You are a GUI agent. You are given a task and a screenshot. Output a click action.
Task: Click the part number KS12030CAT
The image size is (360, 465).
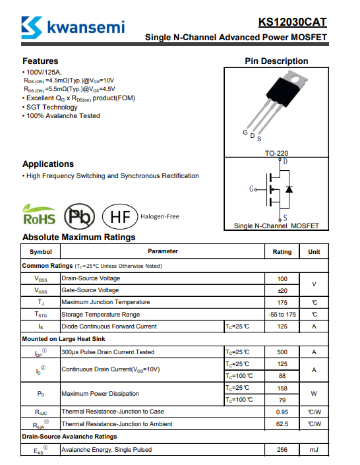click(292, 22)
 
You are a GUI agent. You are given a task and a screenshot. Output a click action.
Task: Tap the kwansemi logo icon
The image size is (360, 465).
click(32, 28)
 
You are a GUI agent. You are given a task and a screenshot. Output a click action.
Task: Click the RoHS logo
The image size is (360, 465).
click(39, 214)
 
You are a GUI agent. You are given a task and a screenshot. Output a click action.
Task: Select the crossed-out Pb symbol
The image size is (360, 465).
click(80, 216)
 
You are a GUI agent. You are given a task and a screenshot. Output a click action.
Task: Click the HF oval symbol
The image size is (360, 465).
click(120, 216)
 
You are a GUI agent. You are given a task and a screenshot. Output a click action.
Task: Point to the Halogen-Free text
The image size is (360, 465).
click(160, 216)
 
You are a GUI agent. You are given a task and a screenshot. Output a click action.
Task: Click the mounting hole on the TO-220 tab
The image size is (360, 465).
click(295, 79)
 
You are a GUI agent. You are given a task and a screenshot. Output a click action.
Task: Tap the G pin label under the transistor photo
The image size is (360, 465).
click(245, 133)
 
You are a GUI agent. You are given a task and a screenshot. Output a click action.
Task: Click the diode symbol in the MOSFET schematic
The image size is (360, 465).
click(289, 189)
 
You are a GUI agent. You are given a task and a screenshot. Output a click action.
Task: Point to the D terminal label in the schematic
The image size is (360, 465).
click(285, 162)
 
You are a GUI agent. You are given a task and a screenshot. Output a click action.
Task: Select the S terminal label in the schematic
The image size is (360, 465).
click(285, 218)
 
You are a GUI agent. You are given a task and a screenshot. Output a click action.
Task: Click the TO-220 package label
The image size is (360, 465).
click(276, 153)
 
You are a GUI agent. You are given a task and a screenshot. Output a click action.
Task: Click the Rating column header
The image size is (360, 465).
click(282, 252)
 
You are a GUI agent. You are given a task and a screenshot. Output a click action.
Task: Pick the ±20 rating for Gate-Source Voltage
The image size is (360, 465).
click(282, 291)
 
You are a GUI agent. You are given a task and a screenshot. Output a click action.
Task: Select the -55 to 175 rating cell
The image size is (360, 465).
click(282, 315)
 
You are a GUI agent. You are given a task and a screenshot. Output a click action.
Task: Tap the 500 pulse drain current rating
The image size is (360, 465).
click(282, 352)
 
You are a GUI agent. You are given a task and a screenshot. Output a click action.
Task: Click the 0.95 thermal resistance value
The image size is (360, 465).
click(282, 412)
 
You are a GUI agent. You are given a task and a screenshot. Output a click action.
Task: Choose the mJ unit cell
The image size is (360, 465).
click(314, 450)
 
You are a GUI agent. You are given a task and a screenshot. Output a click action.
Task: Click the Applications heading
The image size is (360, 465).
click(48, 164)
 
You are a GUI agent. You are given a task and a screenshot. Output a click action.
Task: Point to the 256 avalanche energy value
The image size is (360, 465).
click(282, 450)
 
